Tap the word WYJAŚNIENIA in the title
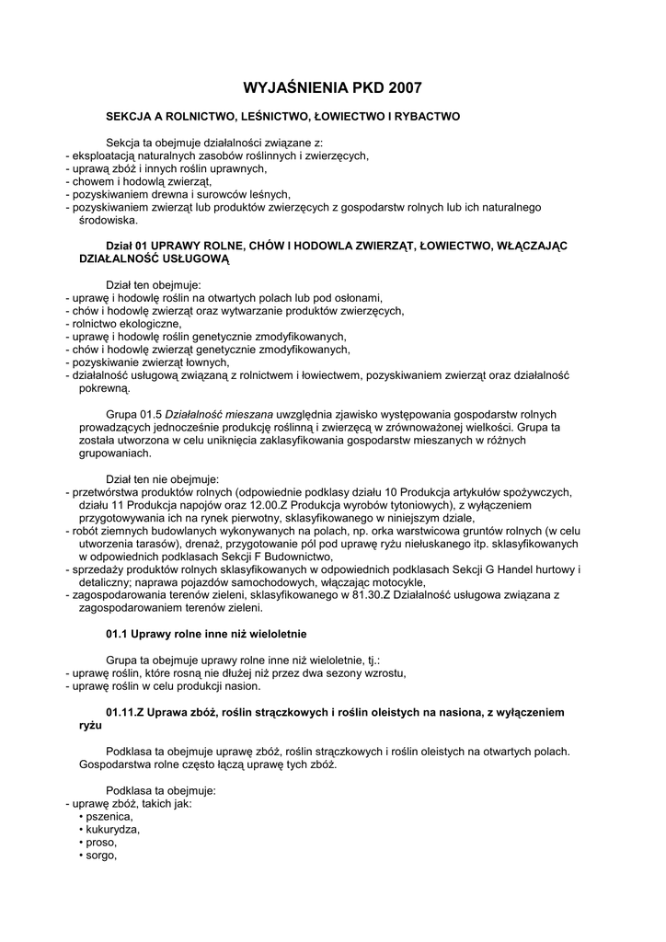[295, 88]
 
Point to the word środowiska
[109, 220]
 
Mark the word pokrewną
[105, 388]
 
